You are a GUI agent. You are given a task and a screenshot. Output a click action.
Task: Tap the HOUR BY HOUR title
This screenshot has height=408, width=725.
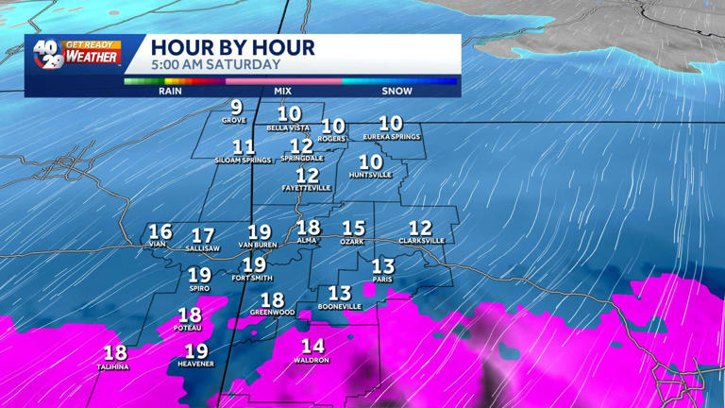(232, 47)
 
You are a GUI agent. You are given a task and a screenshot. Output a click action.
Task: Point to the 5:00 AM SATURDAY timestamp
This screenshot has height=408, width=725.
(216, 65)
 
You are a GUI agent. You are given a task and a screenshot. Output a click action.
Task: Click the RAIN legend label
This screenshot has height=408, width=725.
(171, 92)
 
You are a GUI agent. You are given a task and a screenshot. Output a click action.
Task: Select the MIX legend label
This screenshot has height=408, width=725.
(282, 92)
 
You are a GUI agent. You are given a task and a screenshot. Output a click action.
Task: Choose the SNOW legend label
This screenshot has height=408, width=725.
(396, 92)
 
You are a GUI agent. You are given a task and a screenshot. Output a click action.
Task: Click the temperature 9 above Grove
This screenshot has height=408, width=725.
(236, 107)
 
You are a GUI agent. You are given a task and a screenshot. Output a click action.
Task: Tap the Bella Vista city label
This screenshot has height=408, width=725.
(289, 127)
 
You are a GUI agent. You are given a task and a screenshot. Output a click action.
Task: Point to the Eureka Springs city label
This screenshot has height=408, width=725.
(391, 137)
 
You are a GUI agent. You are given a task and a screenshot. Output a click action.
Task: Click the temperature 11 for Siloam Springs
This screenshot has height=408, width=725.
(244, 147)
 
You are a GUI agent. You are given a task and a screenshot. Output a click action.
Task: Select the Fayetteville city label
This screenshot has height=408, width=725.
(307, 188)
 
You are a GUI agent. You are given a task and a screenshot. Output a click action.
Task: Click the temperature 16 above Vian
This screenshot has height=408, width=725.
(160, 231)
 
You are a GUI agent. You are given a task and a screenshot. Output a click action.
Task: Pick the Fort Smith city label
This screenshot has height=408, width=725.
(252, 278)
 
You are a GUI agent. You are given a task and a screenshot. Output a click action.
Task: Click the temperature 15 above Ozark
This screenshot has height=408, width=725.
(353, 229)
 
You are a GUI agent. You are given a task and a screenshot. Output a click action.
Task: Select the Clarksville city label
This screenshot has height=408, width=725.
(421, 241)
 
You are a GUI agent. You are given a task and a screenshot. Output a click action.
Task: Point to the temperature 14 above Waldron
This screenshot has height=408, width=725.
(312, 347)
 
